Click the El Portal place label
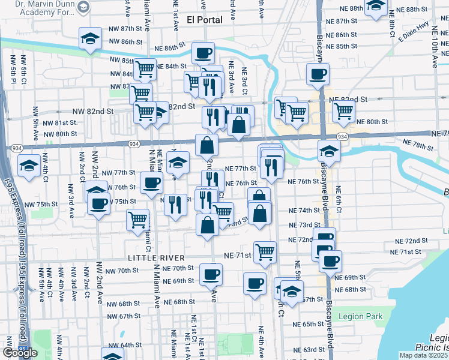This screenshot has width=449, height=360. [x=205, y=20]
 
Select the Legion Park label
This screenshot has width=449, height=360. [x=360, y=316]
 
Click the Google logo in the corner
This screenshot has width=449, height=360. [x=19, y=353]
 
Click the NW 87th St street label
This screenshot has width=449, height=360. [x=125, y=29]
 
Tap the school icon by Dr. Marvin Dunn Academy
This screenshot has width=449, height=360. [x=83, y=8]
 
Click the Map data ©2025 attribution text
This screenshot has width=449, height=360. [x=424, y=355]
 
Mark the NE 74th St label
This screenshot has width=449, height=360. [x=304, y=211]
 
